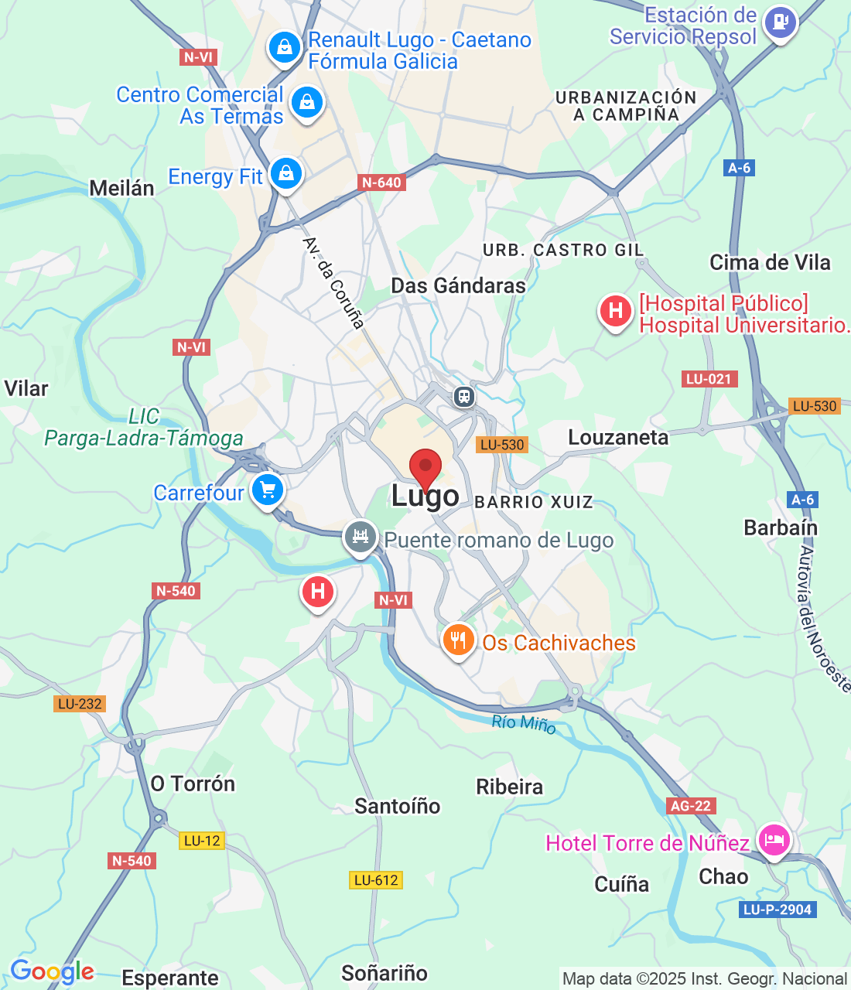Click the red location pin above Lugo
pyautogui.click(x=425, y=468)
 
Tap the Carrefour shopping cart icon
pyautogui.click(x=268, y=490)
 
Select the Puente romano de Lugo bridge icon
pyautogui.click(x=360, y=536)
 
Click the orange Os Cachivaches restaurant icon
pyautogui.click(x=458, y=640)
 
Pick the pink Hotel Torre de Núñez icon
pyautogui.click(x=774, y=839)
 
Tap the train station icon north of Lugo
pyautogui.click(x=463, y=397)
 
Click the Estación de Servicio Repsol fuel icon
pyautogui.click(x=780, y=22)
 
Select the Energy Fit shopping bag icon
pyautogui.click(x=286, y=173)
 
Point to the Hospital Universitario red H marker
pyautogui.click(x=615, y=312)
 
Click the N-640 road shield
pyautogui.click(x=382, y=183)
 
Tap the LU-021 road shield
pyautogui.click(x=709, y=379)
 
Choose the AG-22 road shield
pyautogui.click(x=691, y=806)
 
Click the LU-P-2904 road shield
pyautogui.click(x=777, y=910)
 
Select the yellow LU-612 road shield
pyautogui.click(x=376, y=880)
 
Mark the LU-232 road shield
pyautogui.click(x=80, y=704)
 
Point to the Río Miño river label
pyautogui.click(x=524, y=724)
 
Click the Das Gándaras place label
pyautogui.click(x=458, y=285)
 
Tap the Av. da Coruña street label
pyautogui.click(x=333, y=283)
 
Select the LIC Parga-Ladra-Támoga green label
pyautogui.click(x=143, y=428)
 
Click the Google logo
pyautogui.click(x=52, y=971)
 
